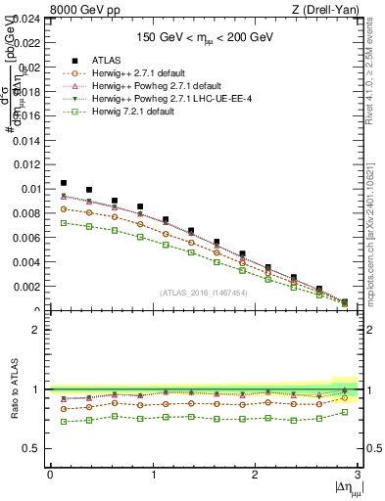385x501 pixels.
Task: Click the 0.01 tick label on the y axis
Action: tap(29, 189)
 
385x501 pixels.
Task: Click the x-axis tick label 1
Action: tap(153, 475)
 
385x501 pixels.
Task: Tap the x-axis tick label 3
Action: tap(358, 475)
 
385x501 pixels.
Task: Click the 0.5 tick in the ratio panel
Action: tap(32, 448)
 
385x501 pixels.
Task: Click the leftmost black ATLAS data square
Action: tap(64, 183)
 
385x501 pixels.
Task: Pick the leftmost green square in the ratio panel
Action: tap(64, 422)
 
